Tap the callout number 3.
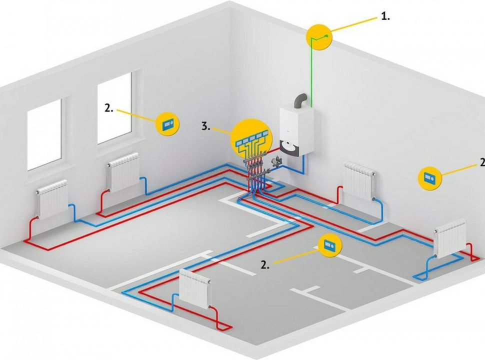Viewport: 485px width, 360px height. (x=205, y=126)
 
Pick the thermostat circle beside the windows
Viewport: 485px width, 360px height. (x=168, y=123)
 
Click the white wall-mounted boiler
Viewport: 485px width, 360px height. (x=296, y=131)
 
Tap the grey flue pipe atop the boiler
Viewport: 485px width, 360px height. (x=301, y=100)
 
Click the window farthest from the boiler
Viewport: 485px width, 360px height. (x=44, y=133)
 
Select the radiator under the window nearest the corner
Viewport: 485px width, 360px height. (x=123, y=172)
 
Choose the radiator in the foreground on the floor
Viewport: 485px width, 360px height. (x=195, y=288)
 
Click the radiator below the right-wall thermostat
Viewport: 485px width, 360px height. (x=450, y=239)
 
